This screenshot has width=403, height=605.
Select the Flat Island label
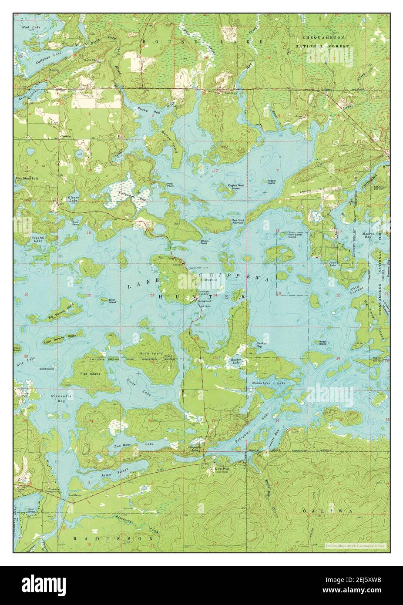click(x=90, y=374)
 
